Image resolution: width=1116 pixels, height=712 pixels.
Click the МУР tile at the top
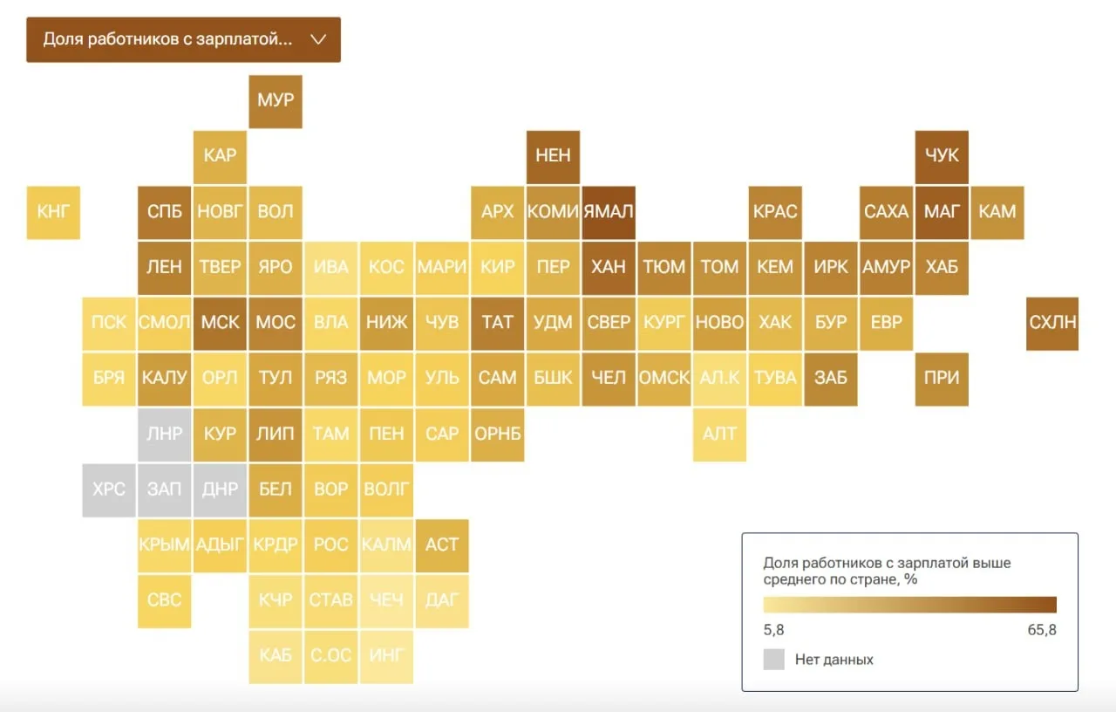(276, 102)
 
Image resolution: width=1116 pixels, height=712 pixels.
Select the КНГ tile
(53, 213)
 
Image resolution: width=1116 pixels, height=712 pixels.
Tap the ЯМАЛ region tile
(609, 213)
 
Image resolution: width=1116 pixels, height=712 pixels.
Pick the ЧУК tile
(942, 157)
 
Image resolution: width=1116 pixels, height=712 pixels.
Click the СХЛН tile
(1052, 324)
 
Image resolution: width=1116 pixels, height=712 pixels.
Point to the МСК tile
(220, 324)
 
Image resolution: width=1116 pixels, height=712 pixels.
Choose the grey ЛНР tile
(165, 435)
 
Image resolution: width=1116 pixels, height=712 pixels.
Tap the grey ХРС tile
(109, 490)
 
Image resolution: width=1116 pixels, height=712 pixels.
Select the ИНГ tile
(386, 657)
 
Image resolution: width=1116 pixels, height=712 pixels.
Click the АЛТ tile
(719, 435)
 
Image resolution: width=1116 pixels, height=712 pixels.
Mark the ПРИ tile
(942, 380)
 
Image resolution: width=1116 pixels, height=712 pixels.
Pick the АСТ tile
(442, 546)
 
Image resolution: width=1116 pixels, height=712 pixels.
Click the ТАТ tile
(497, 324)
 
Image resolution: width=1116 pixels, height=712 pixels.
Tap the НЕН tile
(553, 157)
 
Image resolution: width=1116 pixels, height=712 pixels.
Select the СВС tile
(165, 601)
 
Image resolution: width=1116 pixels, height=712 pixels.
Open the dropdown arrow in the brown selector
(318, 39)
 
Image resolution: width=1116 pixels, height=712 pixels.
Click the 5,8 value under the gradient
(773, 630)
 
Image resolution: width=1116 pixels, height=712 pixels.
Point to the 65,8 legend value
(1042, 630)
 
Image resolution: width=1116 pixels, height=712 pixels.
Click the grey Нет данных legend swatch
(773, 660)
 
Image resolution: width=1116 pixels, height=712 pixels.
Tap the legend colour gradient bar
(909, 605)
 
